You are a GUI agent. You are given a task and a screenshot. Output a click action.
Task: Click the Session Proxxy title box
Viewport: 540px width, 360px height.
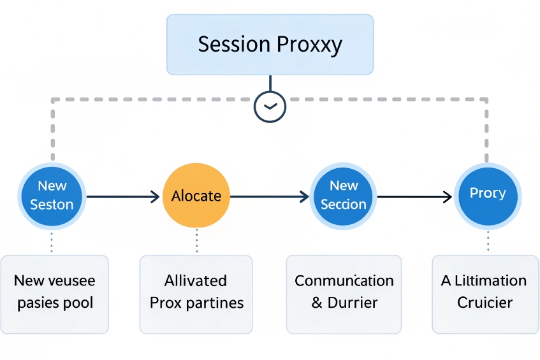click(x=270, y=45)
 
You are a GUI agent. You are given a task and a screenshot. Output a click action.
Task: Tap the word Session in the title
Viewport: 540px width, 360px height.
click(x=234, y=45)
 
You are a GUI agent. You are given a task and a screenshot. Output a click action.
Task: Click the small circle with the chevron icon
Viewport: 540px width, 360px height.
click(x=270, y=106)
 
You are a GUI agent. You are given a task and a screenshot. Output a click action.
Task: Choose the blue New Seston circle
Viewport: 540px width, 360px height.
click(x=52, y=195)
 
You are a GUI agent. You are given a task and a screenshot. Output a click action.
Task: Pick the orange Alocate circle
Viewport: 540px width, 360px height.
click(x=196, y=196)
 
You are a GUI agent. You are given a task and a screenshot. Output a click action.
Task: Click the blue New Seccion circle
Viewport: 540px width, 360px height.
click(x=344, y=195)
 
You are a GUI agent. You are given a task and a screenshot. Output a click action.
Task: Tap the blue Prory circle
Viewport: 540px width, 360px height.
click(x=488, y=194)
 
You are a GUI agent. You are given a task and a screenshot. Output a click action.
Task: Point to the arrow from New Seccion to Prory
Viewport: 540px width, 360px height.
click(x=414, y=197)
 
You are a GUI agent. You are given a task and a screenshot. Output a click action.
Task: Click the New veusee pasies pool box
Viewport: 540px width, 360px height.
click(x=55, y=294)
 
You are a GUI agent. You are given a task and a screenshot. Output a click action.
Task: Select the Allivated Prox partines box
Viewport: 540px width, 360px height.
click(x=196, y=294)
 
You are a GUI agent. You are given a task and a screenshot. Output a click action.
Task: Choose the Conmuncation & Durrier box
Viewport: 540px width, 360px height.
click(x=344, y=294)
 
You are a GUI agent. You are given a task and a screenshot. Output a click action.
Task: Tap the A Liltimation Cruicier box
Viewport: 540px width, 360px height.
click(x=485, y=294)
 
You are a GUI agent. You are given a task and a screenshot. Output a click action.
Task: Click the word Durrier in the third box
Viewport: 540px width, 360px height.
click(x=353, y=303)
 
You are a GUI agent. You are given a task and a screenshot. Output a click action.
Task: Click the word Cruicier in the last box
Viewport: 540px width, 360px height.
click(x=485, y=303)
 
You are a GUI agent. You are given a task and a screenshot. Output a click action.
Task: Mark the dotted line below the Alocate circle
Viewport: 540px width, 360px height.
click(x=196, y=241)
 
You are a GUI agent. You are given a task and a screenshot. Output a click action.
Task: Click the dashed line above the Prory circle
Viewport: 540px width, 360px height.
click(x=487, y=134)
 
